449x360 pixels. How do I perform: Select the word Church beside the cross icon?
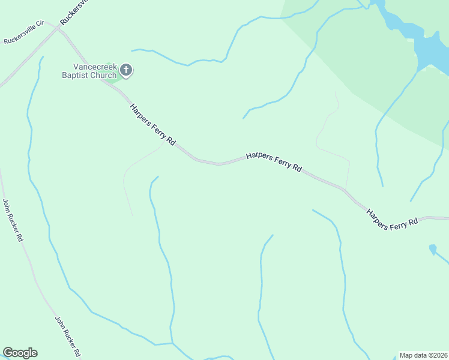pos(103,75)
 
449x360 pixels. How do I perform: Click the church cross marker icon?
pos(126,71)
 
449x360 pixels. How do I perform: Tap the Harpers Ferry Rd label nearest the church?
pos(152,125)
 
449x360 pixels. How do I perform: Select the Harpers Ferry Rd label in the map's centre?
pos(274,162)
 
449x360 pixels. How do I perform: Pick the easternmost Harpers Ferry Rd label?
pos(392,218)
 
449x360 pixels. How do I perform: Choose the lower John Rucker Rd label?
pos(68,337)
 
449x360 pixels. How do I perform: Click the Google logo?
pos(20,353)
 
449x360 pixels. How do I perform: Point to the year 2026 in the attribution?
pos(439,355)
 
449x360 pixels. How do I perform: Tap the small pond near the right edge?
pos(432,248)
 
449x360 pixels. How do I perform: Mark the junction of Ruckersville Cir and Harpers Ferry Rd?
pos(58,28)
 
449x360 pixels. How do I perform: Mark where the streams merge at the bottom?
pos(172,343)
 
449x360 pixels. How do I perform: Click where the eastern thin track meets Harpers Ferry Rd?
pos(345,190)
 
